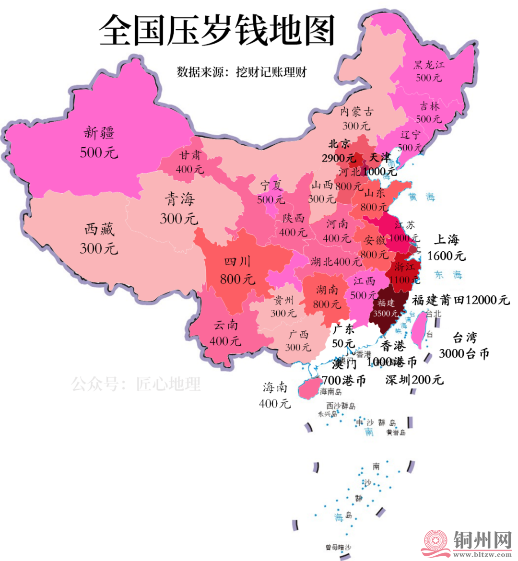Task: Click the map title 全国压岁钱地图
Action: click(x=217, y=30)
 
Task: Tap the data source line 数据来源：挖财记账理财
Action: click(x=241, y=72)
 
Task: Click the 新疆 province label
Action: click(x=99, y=132)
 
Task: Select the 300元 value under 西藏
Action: click(x=98, y=248)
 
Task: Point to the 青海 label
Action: click(x=179, y=199)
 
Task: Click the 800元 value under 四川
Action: click(x=237, y=279)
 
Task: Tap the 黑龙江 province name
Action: click(x=429, y=65)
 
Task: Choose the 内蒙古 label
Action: click(x=356, y=112)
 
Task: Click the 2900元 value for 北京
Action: click(x=339, y=158)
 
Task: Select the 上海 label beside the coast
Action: click(x=447, y=239)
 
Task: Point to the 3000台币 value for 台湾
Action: click(x=464, y=354)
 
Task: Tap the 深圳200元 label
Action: click(x=414, y=380)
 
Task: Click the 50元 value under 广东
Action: click(x=343, y=343)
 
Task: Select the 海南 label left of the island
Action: click(x=275, y=387)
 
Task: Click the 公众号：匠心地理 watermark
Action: click(x=136, y=384)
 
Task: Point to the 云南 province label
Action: click(x=225, y=325)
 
